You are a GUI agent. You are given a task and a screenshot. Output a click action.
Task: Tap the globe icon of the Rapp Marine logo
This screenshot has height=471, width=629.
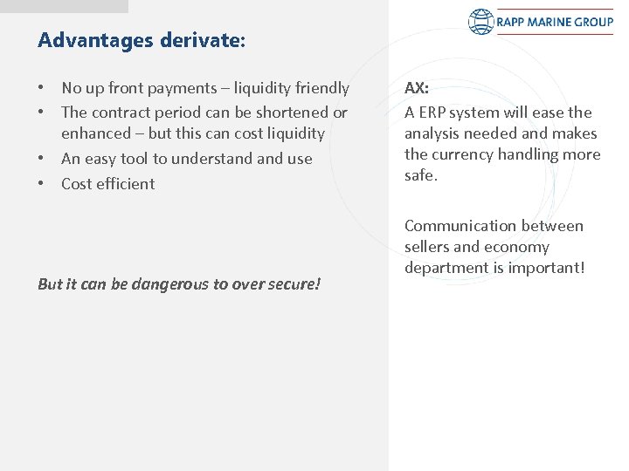pos(481,21)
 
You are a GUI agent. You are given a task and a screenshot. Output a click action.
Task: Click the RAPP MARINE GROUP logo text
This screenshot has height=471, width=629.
pos(555,21)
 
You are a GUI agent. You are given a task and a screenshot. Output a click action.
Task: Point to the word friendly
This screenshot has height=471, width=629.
pos(320,88)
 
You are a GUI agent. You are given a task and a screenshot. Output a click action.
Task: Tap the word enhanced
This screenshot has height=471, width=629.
pos(94,133)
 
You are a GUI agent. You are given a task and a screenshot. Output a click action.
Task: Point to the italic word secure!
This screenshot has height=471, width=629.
pos(293,284)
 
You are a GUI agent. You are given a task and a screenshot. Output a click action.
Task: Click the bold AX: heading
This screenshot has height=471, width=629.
pos(416,88)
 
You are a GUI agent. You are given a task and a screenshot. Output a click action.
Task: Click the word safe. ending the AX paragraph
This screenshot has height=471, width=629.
pos(422,175)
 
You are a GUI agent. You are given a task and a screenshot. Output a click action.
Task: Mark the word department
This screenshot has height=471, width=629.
pos(444,268)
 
